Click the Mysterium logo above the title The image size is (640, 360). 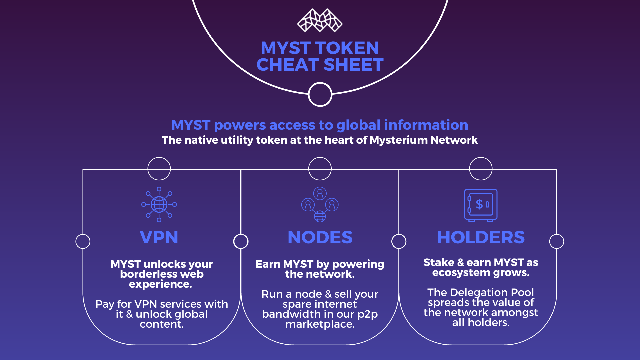[320, 20]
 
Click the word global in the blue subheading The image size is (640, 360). [358, 126]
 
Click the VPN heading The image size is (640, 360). [159, 237]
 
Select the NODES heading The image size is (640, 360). [320, 237]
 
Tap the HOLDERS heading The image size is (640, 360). [481, 237]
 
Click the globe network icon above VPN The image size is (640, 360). [159, 204]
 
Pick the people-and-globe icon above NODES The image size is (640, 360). [320, 204]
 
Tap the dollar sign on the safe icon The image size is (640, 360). [479, 204]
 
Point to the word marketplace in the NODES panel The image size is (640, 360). [320, 324]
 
